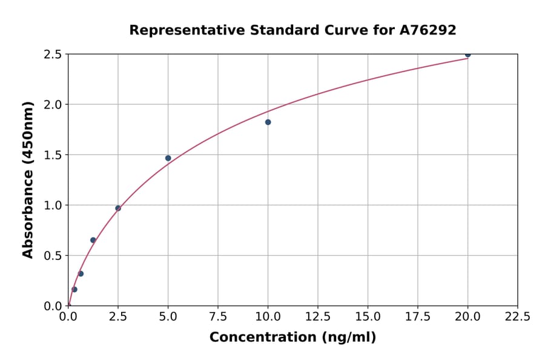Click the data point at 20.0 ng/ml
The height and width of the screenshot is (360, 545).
point(467,55)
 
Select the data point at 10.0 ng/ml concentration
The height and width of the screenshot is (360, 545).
point(268,122)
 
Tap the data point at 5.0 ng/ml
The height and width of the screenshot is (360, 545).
point(168,158)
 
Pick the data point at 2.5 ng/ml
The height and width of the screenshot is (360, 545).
point(118,208)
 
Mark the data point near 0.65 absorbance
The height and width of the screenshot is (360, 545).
point(93,240)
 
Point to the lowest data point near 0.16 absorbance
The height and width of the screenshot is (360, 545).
point(74,289)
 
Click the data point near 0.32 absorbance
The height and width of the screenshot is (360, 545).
point(81,273)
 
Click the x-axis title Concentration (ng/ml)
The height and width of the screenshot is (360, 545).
point(292,338)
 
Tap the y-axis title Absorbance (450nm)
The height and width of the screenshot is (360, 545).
point(28,179)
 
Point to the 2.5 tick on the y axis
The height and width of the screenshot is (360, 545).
point(53,55)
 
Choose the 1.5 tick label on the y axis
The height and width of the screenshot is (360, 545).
point(53,155)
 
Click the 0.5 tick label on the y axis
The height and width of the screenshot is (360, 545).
point(53,256)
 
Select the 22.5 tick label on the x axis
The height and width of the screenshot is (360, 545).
point(517,316)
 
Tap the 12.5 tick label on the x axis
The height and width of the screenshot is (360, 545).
point(318,316)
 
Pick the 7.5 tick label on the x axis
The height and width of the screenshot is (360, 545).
point(218,316)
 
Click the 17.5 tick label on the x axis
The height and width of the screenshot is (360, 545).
point(417,316)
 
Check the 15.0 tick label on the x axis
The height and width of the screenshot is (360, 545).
point(368,316)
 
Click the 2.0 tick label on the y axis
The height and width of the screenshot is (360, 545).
point(53,105)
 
